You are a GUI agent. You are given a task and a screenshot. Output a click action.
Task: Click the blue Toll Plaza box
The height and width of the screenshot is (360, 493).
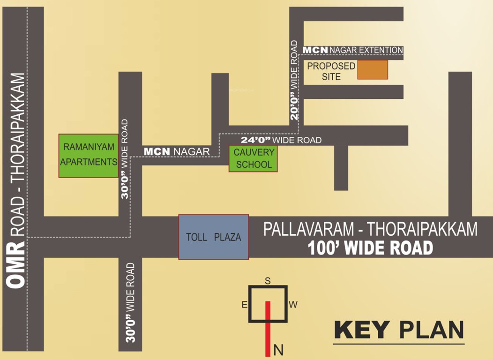(x=214, y=237)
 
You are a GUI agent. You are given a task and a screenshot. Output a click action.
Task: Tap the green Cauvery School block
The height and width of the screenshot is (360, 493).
(x=253, y=158)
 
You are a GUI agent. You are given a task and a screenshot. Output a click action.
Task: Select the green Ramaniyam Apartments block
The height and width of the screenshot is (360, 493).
(x=89, y=155)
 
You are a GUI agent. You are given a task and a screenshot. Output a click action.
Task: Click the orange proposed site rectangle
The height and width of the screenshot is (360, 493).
(x=373, y=69)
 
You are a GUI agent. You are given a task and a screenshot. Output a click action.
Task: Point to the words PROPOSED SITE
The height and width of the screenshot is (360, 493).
(x=331, y=71)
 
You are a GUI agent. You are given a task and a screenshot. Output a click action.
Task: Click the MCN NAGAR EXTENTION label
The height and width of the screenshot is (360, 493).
(x=353, y=50)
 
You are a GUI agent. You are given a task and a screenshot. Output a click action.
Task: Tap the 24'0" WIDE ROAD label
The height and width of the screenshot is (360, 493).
(x=281, y=140)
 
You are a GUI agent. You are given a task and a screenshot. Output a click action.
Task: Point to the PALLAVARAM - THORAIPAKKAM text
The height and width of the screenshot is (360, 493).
(x=370, y=229)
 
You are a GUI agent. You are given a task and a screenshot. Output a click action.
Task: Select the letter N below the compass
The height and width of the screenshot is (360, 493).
(x=278, y=350)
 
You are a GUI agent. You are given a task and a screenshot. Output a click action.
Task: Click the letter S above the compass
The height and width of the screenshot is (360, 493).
(x=268, y=281)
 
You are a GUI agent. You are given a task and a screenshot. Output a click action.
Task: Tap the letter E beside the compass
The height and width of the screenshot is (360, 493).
(x=244, y=305)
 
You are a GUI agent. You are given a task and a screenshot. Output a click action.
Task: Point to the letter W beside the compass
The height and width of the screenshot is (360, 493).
(x=293, y=305)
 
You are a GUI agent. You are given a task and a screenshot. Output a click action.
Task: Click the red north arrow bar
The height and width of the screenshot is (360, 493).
(x=268, y=328)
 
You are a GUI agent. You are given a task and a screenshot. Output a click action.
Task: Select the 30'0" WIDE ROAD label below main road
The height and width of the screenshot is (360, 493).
(x=130, y=302)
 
